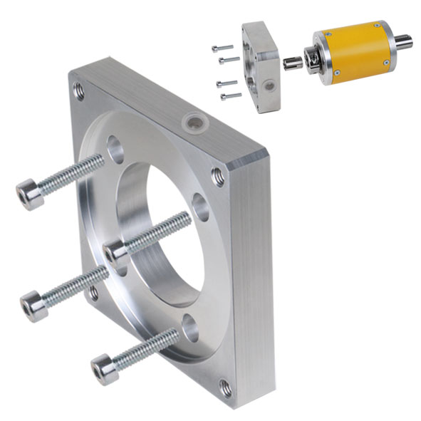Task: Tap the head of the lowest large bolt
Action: point(105,370)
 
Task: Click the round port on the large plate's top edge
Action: point(191,120)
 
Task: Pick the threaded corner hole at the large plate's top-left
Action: point(78,91)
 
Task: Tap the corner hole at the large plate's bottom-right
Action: point(225,388)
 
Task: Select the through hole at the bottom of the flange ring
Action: point(189,327)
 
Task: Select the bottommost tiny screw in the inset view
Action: point(229,95)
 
